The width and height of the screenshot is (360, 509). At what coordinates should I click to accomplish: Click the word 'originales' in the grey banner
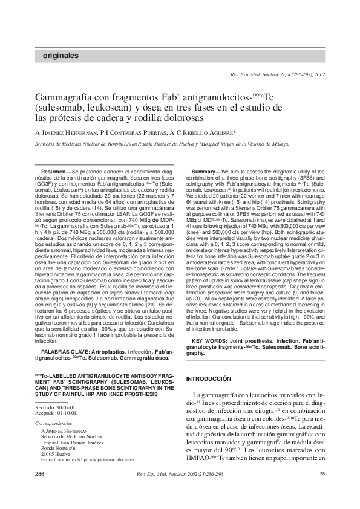(x=61, y=56)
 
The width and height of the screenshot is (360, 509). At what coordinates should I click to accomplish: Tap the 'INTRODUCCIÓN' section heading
(x=208, y=378)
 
